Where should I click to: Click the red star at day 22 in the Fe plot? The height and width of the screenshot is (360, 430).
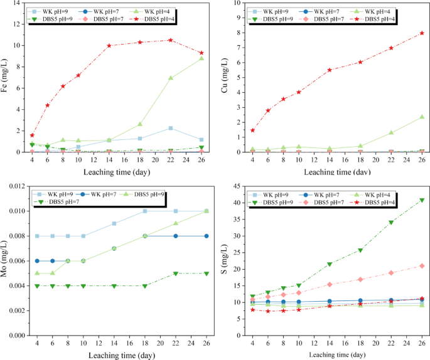(170, 40)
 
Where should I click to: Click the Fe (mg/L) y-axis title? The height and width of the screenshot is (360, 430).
(8, 78)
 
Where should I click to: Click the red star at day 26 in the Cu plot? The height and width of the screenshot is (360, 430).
(422, 33)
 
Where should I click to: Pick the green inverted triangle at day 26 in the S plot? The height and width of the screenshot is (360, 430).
(422, 201)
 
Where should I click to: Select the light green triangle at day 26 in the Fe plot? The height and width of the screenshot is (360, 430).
(202, 58)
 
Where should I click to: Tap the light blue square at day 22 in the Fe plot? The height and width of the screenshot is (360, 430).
(170, 128)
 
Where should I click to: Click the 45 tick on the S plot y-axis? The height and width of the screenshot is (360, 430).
(237, 186)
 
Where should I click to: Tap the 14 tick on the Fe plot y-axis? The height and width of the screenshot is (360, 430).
(21, 3)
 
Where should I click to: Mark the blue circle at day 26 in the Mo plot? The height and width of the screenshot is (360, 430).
(207, 236)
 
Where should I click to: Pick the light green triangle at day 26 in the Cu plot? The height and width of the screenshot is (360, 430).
(422, 117)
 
